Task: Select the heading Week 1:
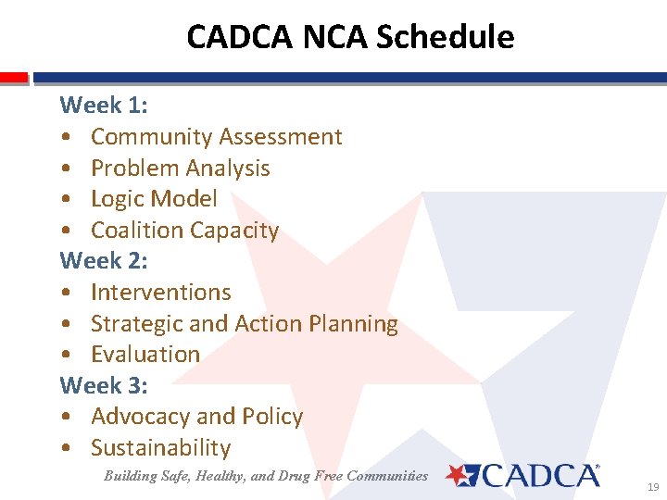(x=104, y=106)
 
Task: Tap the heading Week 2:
(x=104, y=261)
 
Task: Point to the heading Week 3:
(x=104, y=385)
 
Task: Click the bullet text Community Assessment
(x=216, y=137)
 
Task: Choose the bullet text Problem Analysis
(x=180, y=169)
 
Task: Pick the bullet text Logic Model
(x=154, y=199)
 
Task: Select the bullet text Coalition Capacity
(x=184, y=231)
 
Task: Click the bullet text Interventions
(x=160, y=293)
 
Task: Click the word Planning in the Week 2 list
(x=353, y=324)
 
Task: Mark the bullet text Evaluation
(x=145, y=355)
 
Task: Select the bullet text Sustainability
(x=160, y=448)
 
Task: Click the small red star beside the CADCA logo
(x=459, y=475)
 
